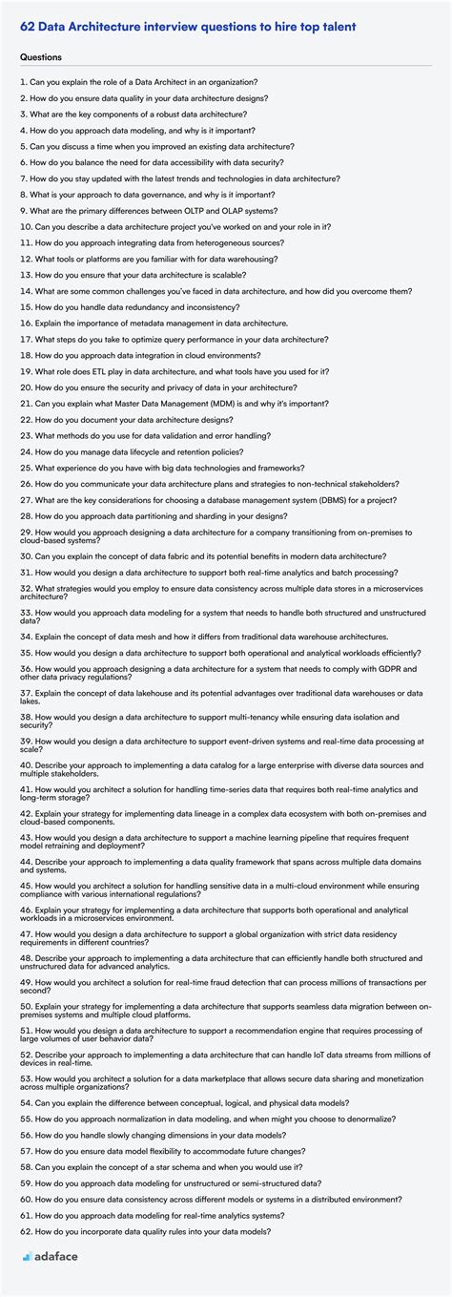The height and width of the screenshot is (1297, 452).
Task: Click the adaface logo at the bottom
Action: point(50,1256)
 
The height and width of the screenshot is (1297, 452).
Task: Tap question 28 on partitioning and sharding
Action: point(172,516)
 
